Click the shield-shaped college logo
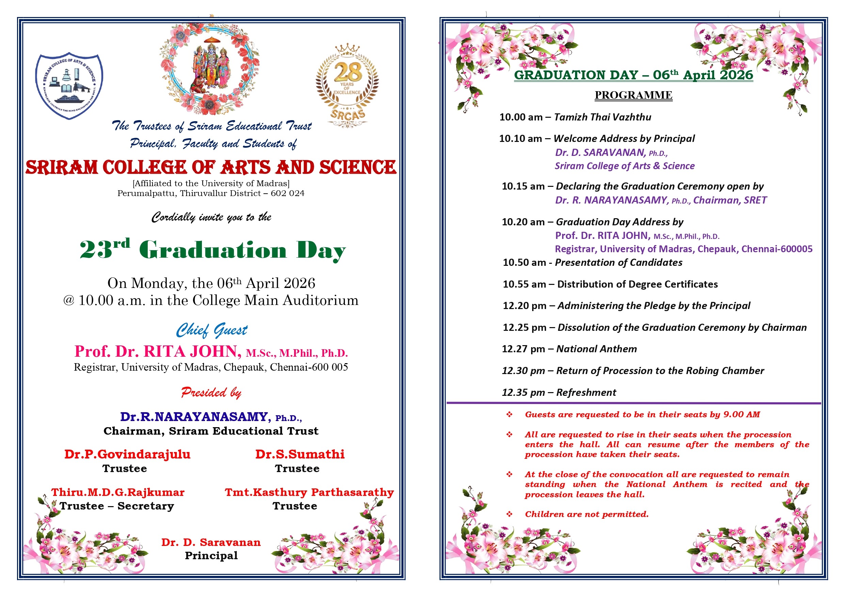coord(69,86)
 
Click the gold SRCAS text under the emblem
coord(347,114)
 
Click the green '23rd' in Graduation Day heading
coord(105,249)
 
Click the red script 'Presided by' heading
coord(211,392)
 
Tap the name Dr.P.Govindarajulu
coord(127,454)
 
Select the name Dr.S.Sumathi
coord(300,454)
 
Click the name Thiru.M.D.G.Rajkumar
coord(118,492)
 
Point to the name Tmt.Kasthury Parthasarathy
coord(309,492)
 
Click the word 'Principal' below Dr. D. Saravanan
coord(211,555)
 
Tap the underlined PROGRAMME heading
coord(633,95)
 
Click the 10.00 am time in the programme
coord(521,117)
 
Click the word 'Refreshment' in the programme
coord(586,392)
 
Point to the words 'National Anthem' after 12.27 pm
coord(596,349)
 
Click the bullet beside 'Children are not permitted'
coord(509,514)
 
